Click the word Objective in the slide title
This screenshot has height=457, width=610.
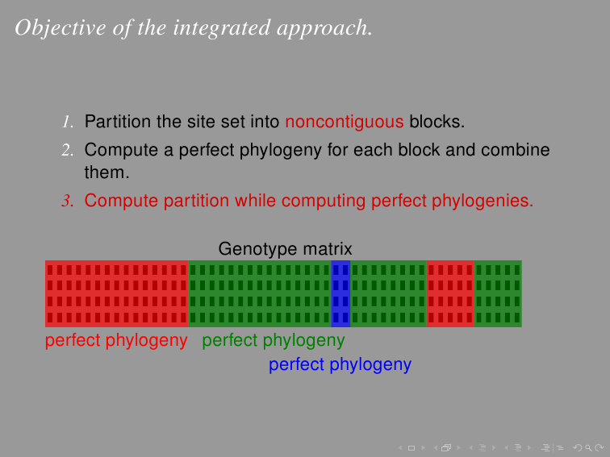61,28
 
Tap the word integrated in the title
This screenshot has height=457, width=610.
222,28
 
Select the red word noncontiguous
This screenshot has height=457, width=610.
345,122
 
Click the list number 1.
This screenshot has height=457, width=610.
68,122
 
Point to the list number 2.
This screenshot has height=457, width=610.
68,150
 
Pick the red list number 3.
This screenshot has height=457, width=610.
68,201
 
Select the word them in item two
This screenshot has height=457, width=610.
107,172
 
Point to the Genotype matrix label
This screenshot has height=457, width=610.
285,249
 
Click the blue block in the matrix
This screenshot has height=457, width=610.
341,293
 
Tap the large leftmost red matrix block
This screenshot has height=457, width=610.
117,293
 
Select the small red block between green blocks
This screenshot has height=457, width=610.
450,293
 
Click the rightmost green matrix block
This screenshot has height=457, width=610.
498,293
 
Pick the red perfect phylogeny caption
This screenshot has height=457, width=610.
116,341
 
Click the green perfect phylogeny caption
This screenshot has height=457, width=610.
274,341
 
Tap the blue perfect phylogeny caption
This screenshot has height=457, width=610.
340,365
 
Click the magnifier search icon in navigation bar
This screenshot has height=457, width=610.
588,448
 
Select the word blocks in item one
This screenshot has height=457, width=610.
437,122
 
